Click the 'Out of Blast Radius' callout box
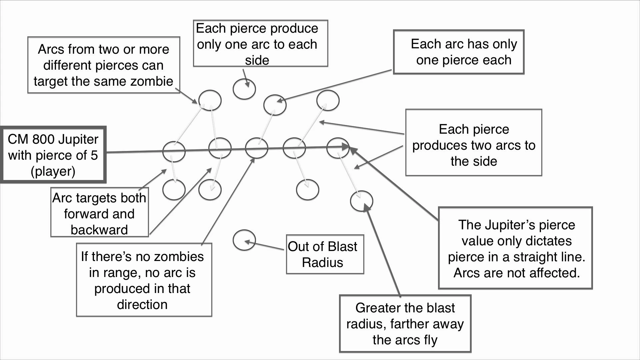[x=325, y=254]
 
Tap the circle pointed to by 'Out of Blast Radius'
[x=244, y=240]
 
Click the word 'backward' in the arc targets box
[x=99, y=230]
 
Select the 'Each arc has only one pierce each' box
[x=459, y=52]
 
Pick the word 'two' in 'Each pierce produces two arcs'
[x=482, y=145]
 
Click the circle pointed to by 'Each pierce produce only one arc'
[x=244, y=89]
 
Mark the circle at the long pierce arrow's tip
[x=338, y=148]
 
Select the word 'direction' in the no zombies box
[x=142, y=305]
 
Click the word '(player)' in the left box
[x=53, y=171]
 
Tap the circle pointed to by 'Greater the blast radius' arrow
[x=361, y=201]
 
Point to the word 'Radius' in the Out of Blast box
[x=322, y=263]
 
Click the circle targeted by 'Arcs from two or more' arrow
[x=210, y=100]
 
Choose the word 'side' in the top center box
[x=257, y=60]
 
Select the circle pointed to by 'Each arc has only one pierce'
[x=275, y=105]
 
